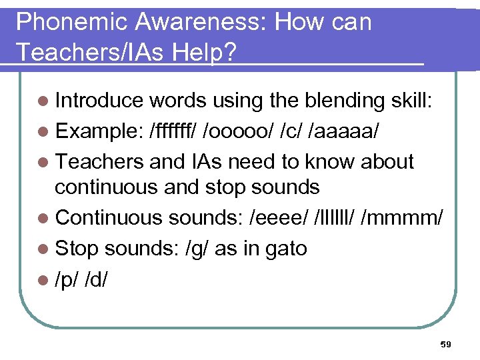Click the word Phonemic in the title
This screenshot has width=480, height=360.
coord(71,22)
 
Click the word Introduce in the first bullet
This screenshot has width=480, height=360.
coord(99,100)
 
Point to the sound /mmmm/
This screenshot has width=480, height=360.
coord(402,218)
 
